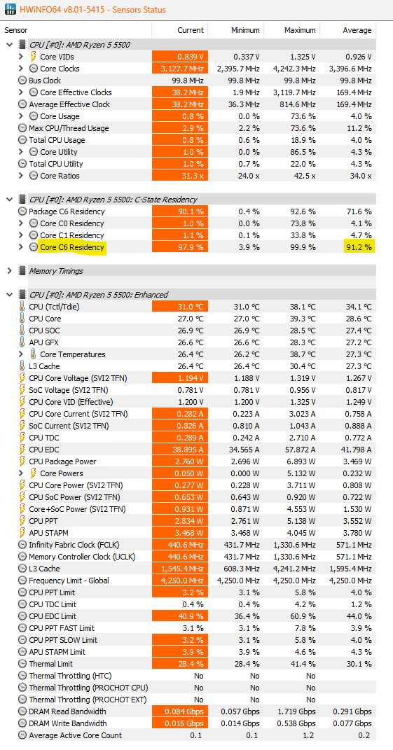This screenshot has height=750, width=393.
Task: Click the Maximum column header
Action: pyautogui.click(x=300, y=30)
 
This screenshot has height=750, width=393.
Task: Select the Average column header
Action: pyautogui.click(x=357, y=30)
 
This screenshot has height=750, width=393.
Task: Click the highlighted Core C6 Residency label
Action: pyautogui.click(x=71, y=247)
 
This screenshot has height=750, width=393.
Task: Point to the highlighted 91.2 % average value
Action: pyautogui.click(x=357, y=247)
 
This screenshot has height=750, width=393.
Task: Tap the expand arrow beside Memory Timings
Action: pyautogui.click(x=10, y=271)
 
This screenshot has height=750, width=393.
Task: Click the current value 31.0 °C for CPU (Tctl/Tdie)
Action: pyautogui.click(x=191, y=307)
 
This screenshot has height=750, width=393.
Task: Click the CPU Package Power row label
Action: pyautogui.click(x=62, y=461)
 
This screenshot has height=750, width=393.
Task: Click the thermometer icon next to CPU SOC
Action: pyautogui.click(x=22, y=331)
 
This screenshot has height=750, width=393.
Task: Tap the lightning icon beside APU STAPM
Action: pyautogui.click(x=22, y=533)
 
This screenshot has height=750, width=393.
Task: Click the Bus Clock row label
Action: pyautogui.click(x=45, y=81)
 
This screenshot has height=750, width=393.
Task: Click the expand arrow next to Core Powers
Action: pyautogui.click(x=20, y=473)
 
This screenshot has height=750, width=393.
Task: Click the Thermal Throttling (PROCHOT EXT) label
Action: pyautogui.click(x=88, y=700)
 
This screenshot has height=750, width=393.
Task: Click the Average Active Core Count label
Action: pyautogui.click(x=75, y=736)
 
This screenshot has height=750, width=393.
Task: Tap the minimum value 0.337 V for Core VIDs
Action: pyautogui.click(x=247, y=57)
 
